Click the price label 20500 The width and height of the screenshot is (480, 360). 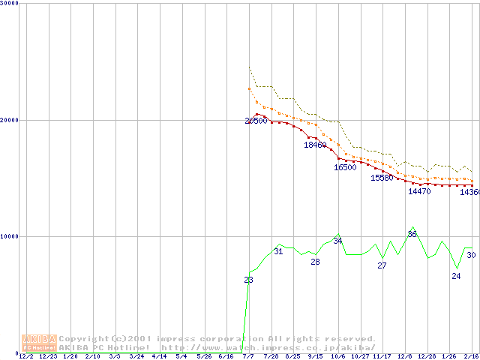256,121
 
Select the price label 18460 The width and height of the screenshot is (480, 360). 315,145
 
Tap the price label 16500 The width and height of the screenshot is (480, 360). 345,167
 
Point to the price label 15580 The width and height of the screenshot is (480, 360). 382,178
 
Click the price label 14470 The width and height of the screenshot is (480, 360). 419,191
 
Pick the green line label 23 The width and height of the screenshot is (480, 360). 248,280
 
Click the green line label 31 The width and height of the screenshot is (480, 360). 278,251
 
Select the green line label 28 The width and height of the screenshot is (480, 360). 315,262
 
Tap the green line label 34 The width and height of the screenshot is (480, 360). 337,241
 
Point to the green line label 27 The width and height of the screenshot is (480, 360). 382,265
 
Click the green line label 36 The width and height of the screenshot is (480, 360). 412,234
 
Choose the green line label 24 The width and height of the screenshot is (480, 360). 456,276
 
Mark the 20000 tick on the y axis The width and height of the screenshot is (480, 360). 9,120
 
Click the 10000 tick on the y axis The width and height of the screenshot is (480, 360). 9,236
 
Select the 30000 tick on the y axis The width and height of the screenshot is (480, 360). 9,3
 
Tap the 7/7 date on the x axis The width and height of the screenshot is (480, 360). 248,356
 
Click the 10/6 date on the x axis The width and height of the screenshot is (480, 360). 337,356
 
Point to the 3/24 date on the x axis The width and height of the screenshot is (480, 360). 137,356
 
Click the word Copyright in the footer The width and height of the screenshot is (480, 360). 84,339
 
